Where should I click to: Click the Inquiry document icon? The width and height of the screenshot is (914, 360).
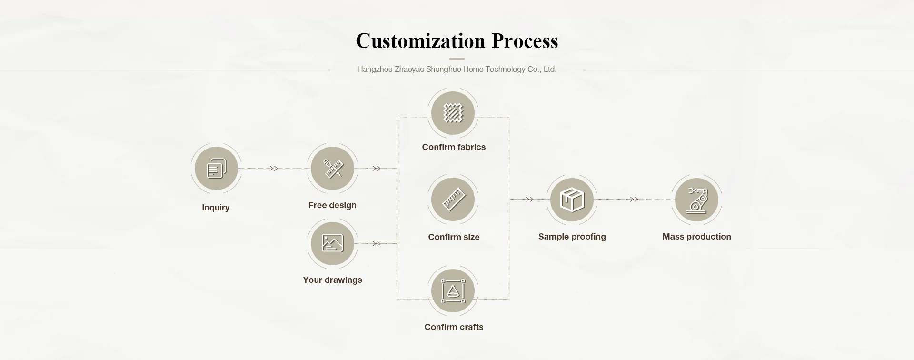click(216, 169)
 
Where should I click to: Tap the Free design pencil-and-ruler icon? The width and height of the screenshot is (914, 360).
click(332, 169)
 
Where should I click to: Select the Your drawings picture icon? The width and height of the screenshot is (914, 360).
click(332, 243)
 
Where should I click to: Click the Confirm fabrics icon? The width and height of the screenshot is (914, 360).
click(453, 113)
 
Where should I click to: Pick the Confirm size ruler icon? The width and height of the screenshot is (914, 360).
click(453, 200)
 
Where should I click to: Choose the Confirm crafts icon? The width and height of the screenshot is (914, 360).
click(453, 291)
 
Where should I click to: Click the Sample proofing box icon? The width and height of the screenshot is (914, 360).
click(572, 200)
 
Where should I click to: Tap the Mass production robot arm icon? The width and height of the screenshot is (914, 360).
click(696, 200)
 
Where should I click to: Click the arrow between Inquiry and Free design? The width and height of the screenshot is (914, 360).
click(274, 169)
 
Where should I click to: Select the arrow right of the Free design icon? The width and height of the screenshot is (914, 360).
click(377, 169)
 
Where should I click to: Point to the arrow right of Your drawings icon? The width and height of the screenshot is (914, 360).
click(377, 244)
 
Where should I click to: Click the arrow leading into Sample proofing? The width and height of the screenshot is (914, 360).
click(529, 200)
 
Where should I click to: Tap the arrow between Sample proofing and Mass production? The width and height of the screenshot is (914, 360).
click(634, 200)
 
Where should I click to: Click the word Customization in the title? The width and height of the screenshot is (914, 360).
click(420, 41)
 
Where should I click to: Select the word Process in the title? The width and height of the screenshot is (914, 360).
click(525, 41)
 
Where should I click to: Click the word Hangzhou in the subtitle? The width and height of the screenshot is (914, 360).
click(375, 70)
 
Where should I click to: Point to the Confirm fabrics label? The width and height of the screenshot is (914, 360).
click(454, 147)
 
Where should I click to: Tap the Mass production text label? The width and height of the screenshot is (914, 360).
click(696, 237)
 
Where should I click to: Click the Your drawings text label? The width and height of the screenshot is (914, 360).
click(332, 280)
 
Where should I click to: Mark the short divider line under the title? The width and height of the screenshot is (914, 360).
click(457, 59)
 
